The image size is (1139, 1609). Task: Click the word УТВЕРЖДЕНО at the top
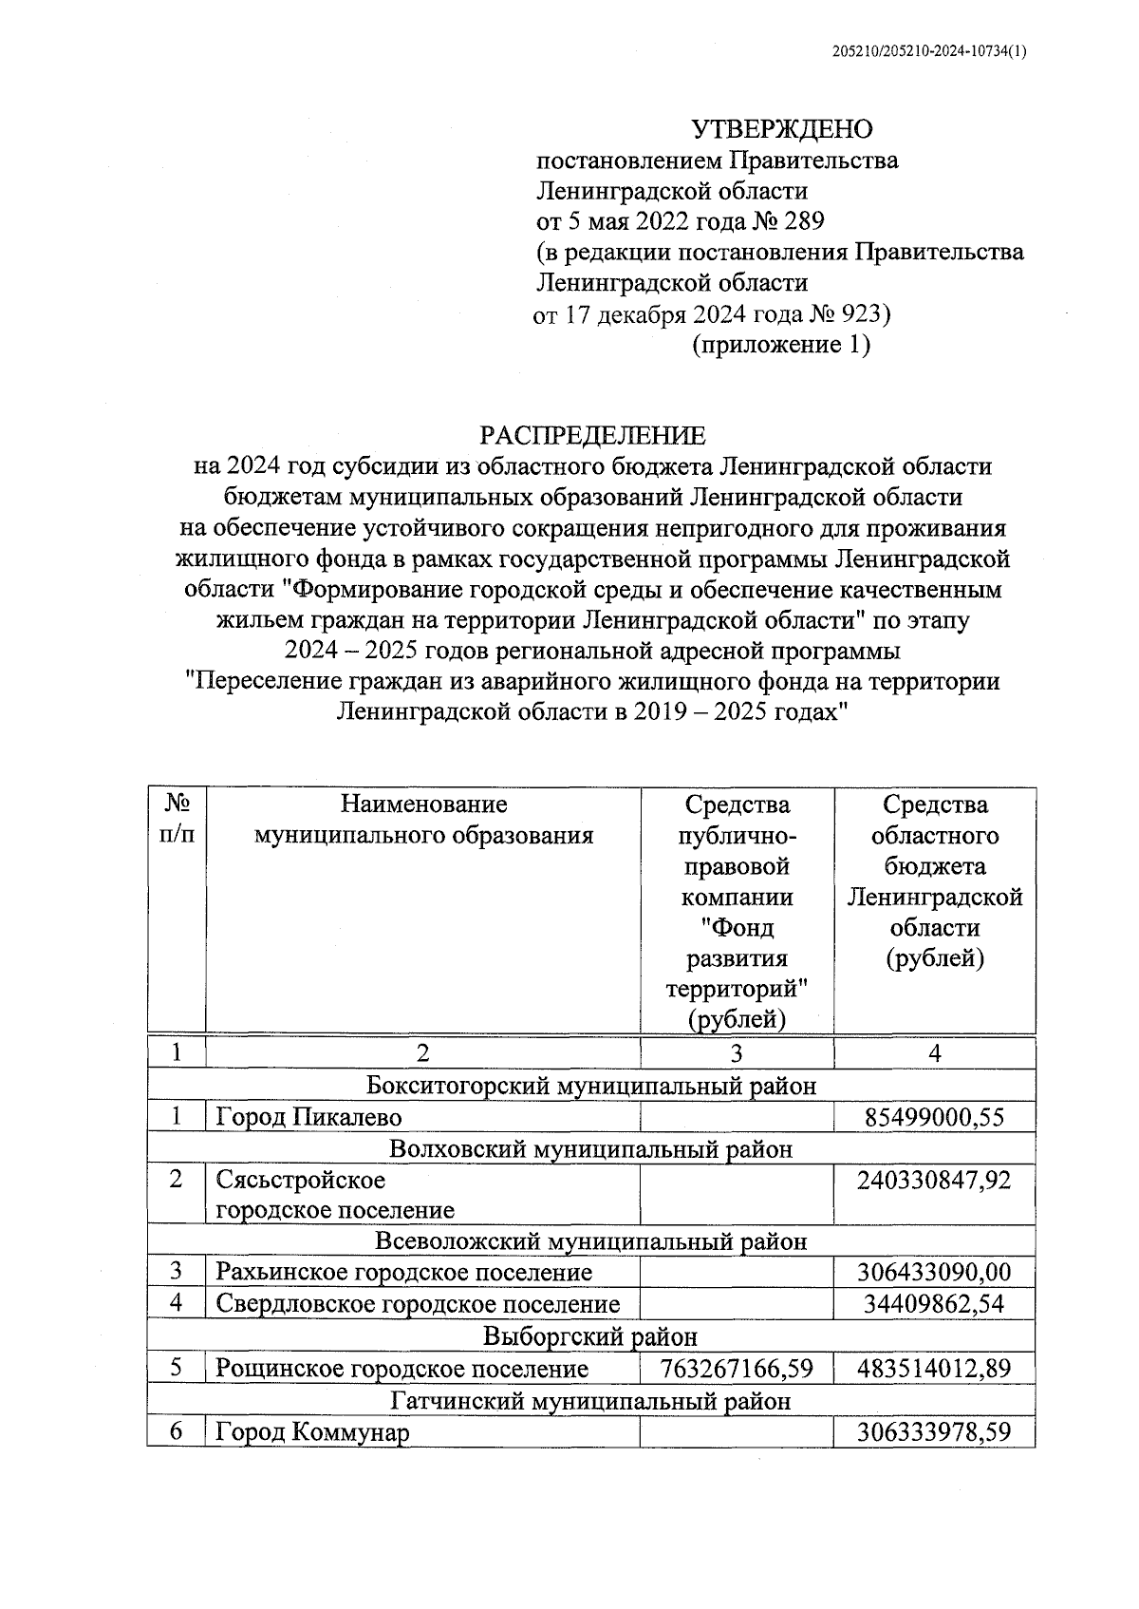[x=780, y=128]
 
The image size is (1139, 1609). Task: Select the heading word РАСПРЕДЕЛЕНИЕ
[x=592, y=435]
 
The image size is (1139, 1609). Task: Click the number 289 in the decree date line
[x=805, y=221]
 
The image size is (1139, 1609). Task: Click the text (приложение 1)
[x=780, y=344]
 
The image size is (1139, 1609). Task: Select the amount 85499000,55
[x=934, y=1117]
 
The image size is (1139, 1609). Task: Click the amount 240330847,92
[x=934, y=1180]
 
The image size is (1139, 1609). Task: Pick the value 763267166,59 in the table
[x=738, y=1369]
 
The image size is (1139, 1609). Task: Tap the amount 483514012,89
[x=934, y=1369]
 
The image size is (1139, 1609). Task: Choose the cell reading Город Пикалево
[x=308, y=1117]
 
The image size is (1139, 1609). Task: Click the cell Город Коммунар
[x=312, y=1432]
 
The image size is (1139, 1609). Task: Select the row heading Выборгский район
[x=590, y=1337]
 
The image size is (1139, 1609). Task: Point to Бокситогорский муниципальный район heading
[x=590, y=1086]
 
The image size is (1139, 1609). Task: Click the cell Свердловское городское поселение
[x=418, y=1305]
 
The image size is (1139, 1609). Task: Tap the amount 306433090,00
[x=934, y=1273]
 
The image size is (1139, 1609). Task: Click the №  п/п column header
[x=177, y=820]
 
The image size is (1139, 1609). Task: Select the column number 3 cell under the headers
[x=737, y=1053]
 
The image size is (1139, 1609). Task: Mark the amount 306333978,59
[x=934, y=1432]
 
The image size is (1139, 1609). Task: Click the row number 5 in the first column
[x=177, y=1369]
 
